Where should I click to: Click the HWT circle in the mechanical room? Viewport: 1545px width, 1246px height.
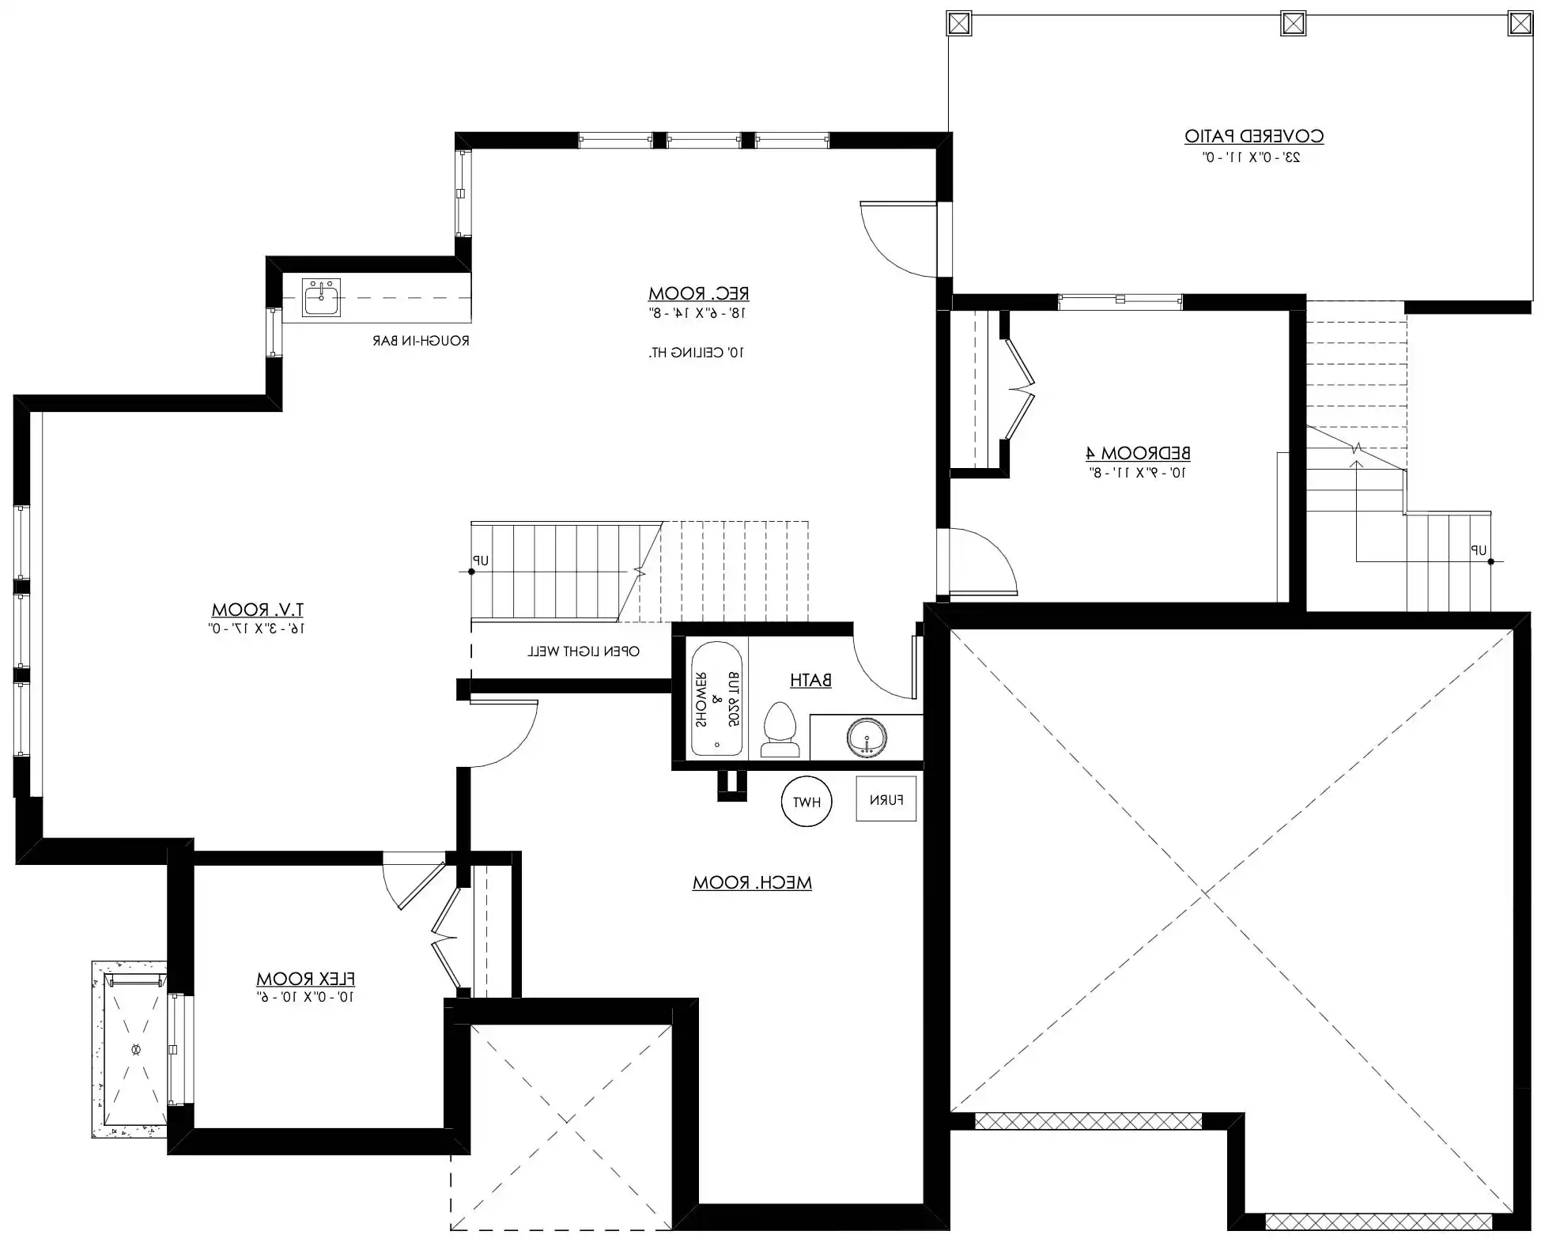806,802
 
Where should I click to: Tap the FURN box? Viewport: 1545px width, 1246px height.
886,799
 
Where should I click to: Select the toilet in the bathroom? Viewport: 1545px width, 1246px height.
780,729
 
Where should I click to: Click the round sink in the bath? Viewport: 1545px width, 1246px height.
867,738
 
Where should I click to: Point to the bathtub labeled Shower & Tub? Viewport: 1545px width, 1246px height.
716,699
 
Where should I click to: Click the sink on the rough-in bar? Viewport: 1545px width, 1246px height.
322,297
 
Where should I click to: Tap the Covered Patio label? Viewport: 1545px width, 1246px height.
1254,136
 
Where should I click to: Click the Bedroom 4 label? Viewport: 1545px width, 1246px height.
1138,453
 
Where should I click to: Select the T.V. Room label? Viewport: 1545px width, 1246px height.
257,610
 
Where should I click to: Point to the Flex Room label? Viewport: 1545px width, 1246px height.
305,979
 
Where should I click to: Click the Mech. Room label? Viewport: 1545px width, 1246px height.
752,882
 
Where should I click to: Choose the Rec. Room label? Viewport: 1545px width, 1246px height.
699,293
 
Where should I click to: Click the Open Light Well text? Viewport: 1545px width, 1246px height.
584,651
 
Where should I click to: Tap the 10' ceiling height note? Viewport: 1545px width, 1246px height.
697,353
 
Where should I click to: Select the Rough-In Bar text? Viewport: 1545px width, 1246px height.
421,342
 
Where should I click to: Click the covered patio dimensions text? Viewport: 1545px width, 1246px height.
1252,157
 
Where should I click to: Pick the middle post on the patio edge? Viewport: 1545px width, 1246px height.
1293,24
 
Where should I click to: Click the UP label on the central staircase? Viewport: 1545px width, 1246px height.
481,561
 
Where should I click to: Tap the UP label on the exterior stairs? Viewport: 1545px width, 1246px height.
1479,550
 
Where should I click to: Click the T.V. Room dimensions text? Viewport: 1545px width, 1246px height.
257,629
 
